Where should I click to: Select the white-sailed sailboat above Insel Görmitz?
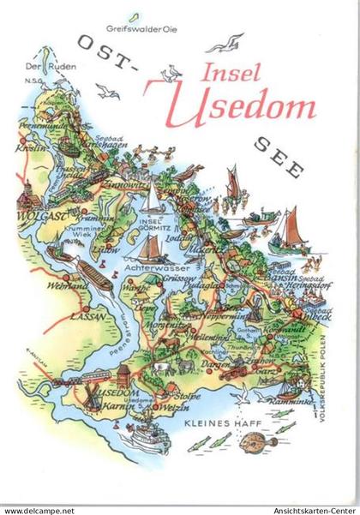point(151,199)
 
